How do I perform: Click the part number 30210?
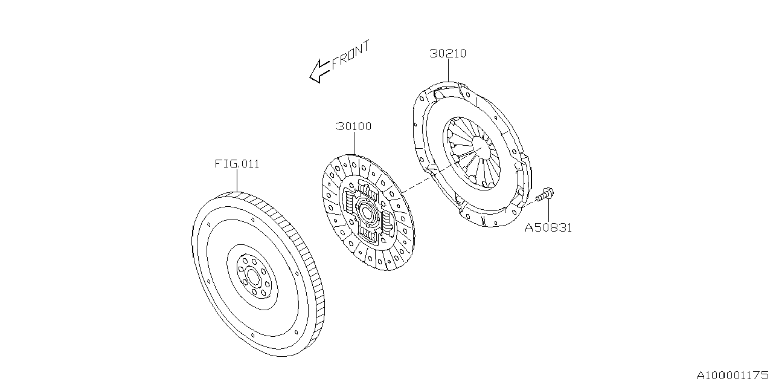447,53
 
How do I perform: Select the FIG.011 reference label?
237,164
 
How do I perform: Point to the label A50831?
548,228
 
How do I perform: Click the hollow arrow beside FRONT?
319,71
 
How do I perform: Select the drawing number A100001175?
733,375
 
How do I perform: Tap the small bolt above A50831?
546,195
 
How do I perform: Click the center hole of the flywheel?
252,276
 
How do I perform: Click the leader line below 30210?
447,71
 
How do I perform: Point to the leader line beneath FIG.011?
237,180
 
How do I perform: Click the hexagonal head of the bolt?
550,193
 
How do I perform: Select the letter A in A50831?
528,228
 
